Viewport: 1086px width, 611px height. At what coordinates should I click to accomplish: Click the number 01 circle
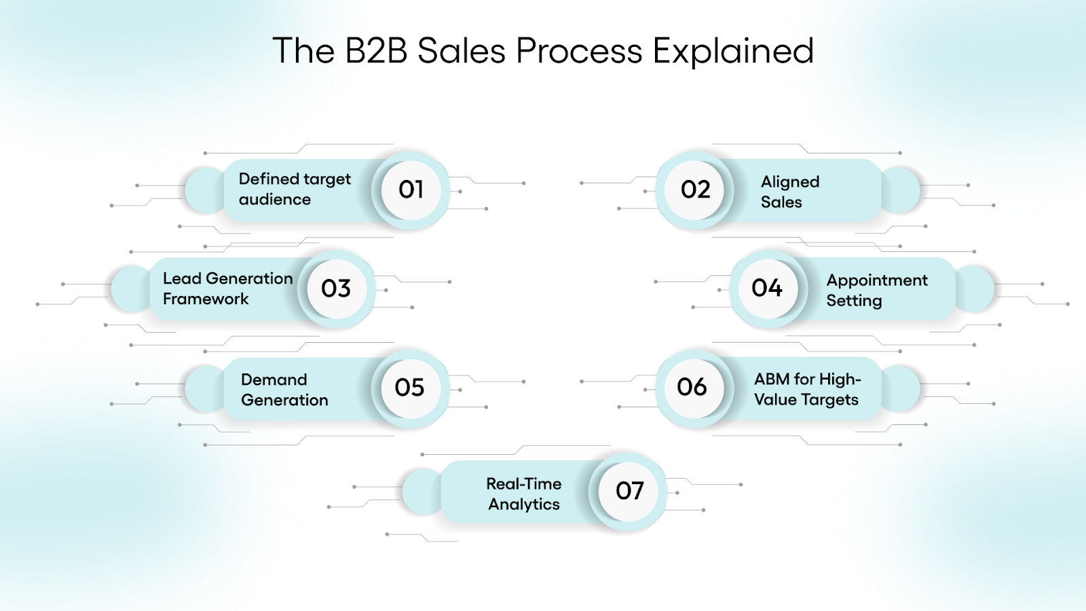pos(411,189)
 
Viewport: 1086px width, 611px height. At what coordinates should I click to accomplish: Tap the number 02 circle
pos(695,189)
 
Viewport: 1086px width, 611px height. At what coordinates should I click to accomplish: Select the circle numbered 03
pos(336,289)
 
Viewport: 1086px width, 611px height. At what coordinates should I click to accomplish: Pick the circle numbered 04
pos(768,289)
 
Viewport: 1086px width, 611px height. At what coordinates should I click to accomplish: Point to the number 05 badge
pos(409,388)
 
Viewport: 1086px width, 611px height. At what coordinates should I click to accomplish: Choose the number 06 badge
pos(692,387)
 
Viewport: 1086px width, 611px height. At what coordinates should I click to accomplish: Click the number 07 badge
pos(629,491)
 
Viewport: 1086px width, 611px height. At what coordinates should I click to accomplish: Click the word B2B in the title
pos(376,51)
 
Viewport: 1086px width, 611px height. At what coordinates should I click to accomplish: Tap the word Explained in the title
pos(733,51)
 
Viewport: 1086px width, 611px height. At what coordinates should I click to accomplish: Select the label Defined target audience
pos(294,189)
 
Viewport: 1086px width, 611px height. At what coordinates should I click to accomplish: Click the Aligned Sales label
pos(789,191)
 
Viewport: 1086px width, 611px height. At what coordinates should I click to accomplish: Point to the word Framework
pos(206,299)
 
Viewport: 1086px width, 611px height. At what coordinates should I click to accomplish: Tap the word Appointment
pos(876,280)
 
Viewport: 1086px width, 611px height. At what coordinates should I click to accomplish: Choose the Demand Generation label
pos(284,390)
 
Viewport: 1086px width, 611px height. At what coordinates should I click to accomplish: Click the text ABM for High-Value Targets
pos(806,389)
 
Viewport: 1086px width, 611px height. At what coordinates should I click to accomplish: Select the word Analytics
pos(524,504)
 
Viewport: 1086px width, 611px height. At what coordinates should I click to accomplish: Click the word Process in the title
pos(579,51)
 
